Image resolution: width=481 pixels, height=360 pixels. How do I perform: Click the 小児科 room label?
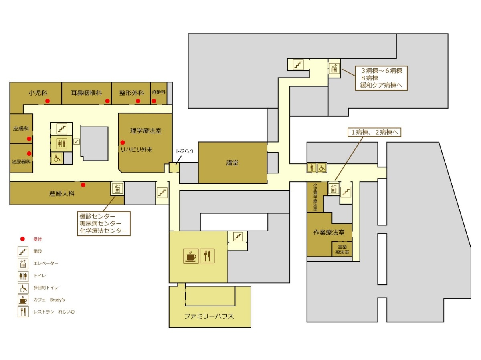click(x=38, y=93)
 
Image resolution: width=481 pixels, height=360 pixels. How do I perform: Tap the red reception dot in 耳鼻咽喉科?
click(x=107, y=101)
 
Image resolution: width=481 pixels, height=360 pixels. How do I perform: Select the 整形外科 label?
click(x=132, y=93)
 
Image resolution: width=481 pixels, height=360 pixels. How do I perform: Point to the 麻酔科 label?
click(x=159, y=92)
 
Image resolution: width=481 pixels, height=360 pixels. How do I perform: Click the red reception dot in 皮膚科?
click(x=29, y=139)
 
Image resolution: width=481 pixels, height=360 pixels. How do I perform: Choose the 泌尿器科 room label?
click(x=21, y=162)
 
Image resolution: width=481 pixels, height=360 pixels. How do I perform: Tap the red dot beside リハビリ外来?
click(x=123, y=143)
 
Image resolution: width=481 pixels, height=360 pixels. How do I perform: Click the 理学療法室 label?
click(x=146, y=131)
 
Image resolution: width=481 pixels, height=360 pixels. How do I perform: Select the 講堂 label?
click(x=232, y=163)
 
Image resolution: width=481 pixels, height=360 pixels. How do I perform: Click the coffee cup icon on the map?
click(x=191, y=256)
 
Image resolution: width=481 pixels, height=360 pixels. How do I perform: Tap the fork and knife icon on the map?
click(x=207, y=256)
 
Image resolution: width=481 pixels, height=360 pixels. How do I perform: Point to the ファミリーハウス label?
click(x=209, y=316)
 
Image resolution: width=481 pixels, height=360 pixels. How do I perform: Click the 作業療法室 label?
click(x=329, y=232)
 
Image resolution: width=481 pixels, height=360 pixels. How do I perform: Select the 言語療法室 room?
click(x=342, y=249)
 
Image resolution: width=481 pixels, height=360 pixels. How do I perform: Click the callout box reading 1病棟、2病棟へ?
click(x=374, y=132)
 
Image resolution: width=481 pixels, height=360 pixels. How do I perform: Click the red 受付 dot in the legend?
click(x=22, y=239)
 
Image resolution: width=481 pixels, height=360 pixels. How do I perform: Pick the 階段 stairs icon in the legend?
click(x=23, y=251)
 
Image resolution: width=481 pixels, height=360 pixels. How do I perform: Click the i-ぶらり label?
click(x=185, y=151)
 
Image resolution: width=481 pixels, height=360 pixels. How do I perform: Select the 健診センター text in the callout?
click(x=97, y=216)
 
